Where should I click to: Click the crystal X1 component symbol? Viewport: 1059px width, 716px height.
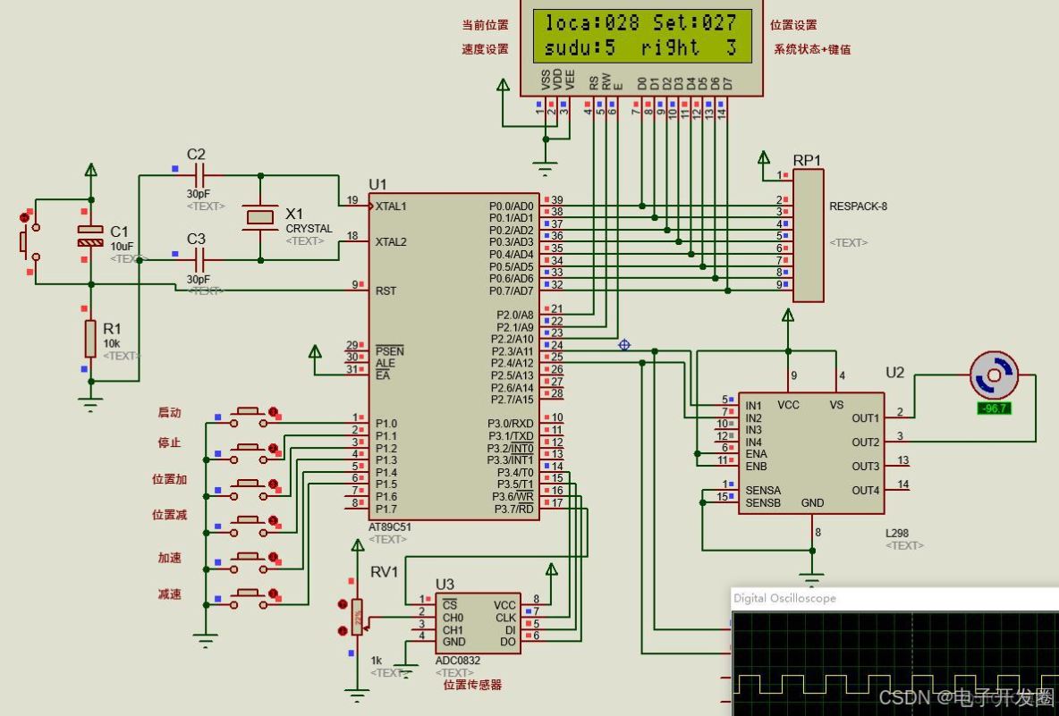click(x=260, y=217)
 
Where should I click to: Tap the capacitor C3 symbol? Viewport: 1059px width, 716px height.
click(x=199, y=260)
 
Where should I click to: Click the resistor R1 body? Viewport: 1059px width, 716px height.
click(x=90, y=339)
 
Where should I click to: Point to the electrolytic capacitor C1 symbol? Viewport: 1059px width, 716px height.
click(x=90, y=236)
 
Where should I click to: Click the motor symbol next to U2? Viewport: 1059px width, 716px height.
click(x=995, y=375)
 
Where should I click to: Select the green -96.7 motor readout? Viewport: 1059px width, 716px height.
click(x=995, y=408)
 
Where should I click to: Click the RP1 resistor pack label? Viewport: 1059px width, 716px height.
click(x=807, y=161)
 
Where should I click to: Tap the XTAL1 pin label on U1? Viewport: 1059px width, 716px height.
click(x=391, y=206)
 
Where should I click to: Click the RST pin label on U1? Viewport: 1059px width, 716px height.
click(x=385, y=291)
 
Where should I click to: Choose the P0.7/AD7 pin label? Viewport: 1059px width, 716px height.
click(x=511, y=291)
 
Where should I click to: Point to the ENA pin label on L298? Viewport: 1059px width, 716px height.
click(x=756, y=454)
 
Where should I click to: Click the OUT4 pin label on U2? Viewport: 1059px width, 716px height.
click(x=865, y=490)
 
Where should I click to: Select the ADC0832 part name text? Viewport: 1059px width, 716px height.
click(x=457, y=661)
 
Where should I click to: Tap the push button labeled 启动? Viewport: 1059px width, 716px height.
click(x=247, y=413)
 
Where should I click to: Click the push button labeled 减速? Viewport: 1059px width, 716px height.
click(x=247, y=594)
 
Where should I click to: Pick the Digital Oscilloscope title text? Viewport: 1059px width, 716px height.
click(x=784, y=598)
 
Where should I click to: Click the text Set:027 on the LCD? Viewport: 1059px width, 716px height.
click(x=694, y=23)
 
